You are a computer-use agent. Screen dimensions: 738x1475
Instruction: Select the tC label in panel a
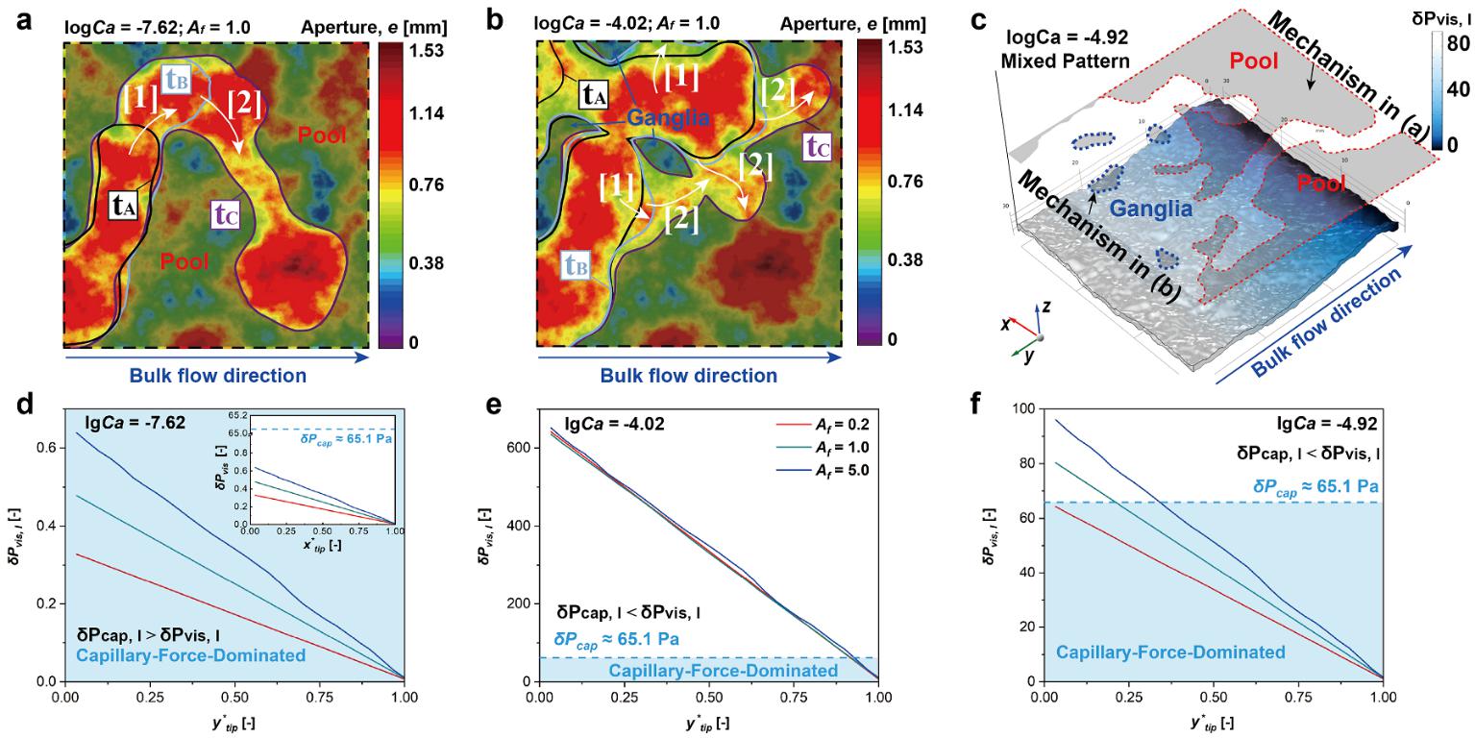coord(227,216)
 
